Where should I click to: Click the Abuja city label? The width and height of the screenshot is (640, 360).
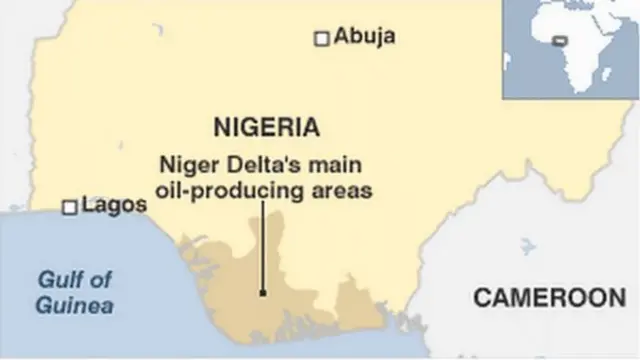[365, 37]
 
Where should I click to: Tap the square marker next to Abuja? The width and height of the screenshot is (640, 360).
[322, 38]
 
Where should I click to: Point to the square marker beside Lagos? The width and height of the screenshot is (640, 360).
[70, 207]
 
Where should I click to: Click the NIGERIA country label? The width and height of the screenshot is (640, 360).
[267, 127]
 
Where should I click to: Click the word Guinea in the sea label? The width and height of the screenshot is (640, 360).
[74, 305]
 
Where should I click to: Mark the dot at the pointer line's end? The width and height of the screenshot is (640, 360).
[262, 293]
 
